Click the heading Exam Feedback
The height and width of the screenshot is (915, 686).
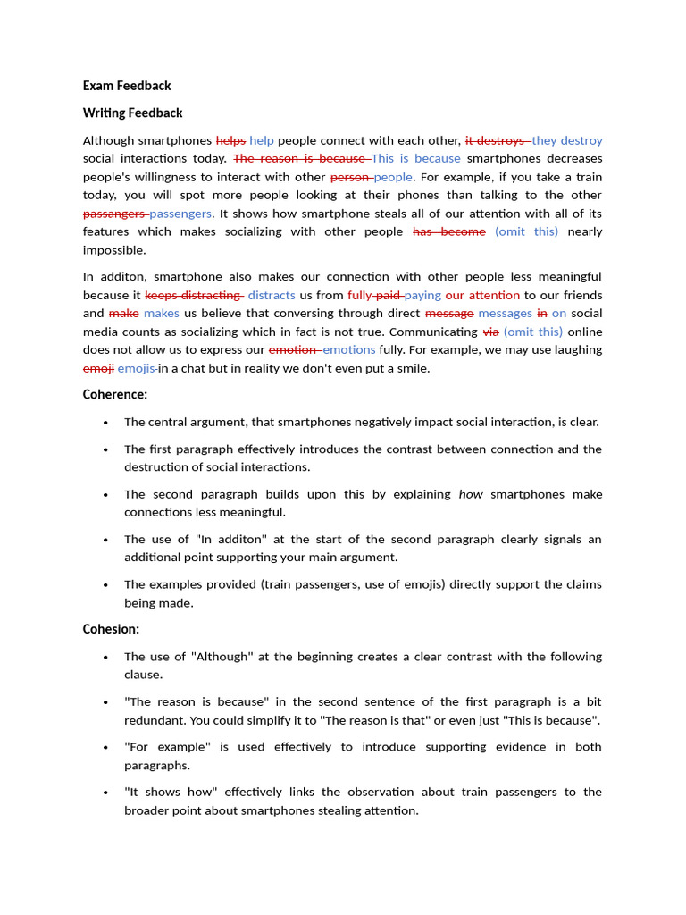[127, 86]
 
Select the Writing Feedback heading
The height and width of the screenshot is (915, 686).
[132, 113]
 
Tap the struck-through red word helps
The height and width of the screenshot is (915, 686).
[230, 140]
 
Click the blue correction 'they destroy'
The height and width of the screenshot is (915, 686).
[567, 140]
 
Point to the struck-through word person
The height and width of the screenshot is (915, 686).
[350, 177]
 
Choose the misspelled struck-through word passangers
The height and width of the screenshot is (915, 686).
[114, 214]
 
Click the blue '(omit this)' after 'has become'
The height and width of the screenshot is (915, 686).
[526, 231]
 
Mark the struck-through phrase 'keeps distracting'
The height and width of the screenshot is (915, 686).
[193, 295]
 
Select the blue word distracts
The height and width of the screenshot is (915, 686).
[272, 295]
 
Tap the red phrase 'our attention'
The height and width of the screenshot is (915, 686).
[482, 295]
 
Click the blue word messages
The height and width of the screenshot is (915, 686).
[505, 313]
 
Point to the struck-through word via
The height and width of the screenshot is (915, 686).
[490, 332]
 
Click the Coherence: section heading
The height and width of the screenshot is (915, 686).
[115, 394]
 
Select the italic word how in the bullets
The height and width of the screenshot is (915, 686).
[471, 494]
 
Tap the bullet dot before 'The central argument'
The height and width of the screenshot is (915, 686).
[106, 423]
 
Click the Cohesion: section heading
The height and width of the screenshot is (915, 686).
[111, 629]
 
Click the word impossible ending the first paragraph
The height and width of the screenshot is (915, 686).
[114, 250]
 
